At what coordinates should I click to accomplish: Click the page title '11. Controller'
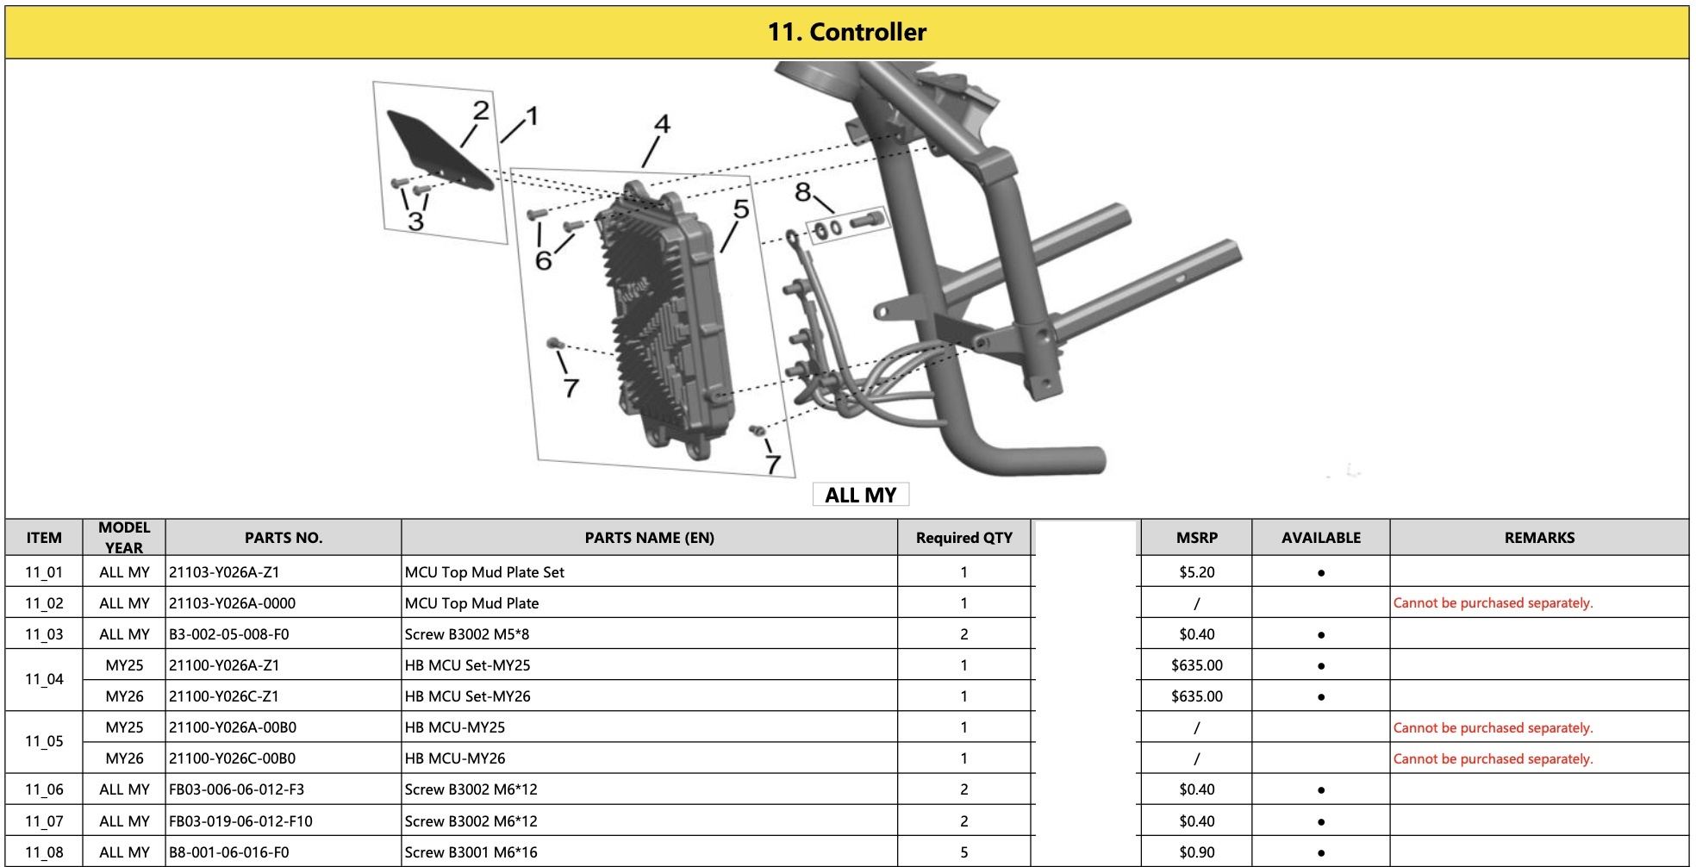point(847,33)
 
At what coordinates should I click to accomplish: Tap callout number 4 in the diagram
point(662,125)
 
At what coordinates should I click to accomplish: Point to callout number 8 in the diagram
point(802,191)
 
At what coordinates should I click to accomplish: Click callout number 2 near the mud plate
point(481,110)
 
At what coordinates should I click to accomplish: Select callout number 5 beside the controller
point(741,209)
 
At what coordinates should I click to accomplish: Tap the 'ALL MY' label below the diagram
point(861,495)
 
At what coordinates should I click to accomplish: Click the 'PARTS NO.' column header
point(284,538)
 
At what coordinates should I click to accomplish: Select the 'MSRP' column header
point(1197,538)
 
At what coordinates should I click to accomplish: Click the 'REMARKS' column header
point(1539,538)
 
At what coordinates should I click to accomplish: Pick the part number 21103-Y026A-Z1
point(224,572)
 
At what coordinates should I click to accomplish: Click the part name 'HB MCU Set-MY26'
point(468,696)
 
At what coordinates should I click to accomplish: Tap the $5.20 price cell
point(1197,572)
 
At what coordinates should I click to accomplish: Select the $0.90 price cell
point(1197,852)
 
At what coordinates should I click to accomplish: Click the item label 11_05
point(44,741)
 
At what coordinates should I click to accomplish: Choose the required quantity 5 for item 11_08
point(964,852)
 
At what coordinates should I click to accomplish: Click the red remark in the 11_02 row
point(1493,603)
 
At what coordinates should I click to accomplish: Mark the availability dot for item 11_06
point(1321,790)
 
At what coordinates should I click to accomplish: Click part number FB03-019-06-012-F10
point(240,821)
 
